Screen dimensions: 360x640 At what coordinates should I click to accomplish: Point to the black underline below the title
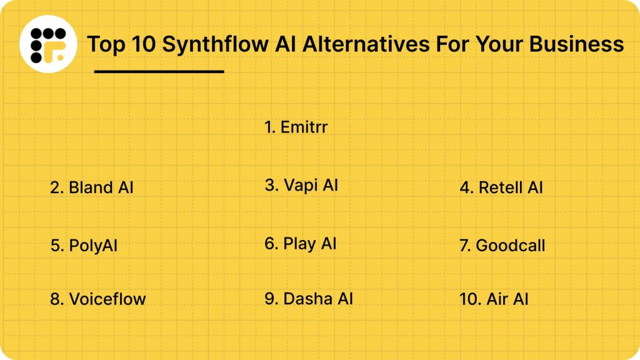pyautogui.click(x=159, y=71)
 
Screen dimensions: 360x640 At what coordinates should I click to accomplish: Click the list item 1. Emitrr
pyautogui.click(x=296, y=127)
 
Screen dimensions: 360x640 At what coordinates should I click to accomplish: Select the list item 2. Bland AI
pyautogui.click(x=92, y=187)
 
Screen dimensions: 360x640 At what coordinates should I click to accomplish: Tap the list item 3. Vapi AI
pyautogui.click(x=301, y=185)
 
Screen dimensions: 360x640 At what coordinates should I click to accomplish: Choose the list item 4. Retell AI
pyautogui.click(x=501, y=187)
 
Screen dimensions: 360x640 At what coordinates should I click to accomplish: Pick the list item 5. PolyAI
pyautogui.click(x=84, y=246)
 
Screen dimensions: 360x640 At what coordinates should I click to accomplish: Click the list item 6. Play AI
pyautogui.click(x=300, y=243)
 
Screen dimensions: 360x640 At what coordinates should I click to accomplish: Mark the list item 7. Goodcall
pyautogui.click(x=502, y=246)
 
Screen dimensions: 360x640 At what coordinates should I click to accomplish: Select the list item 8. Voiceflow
pyautogui.click(x=97, y=299)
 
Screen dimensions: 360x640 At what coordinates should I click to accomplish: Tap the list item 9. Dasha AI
pyautogui.click(x=308, y=299)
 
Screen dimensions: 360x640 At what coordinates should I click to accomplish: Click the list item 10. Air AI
pyautogui.click(x=494, y=299)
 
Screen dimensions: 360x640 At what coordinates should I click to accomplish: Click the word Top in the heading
pyautogui.click(x=102, y=44)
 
